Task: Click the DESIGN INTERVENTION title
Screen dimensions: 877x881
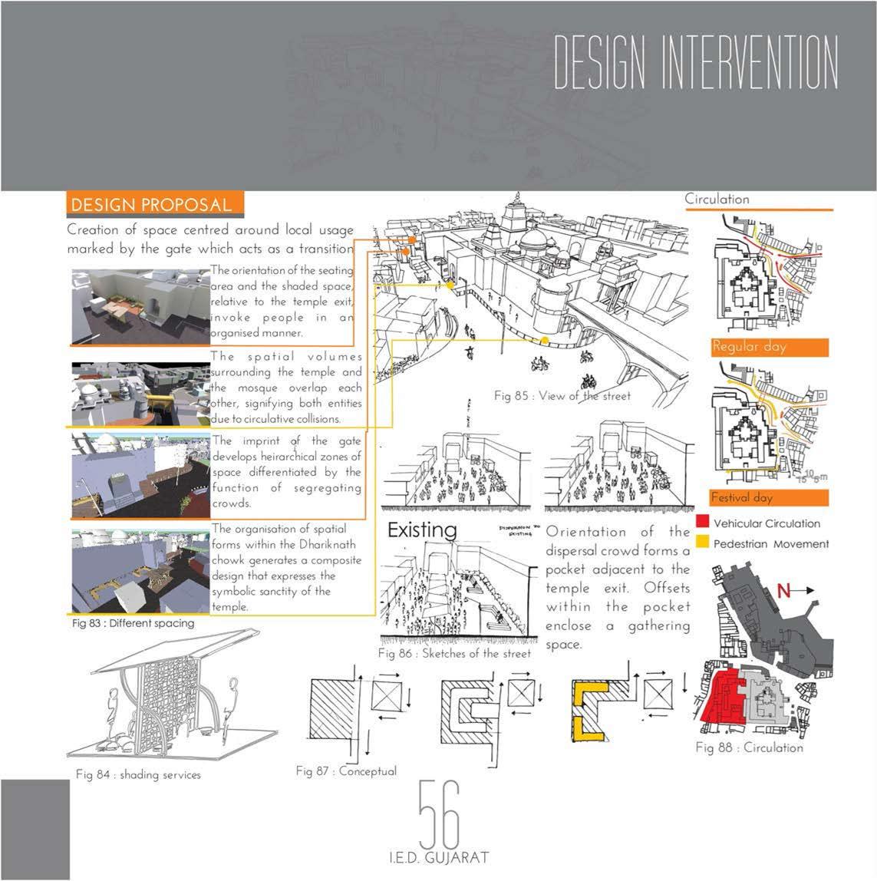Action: (695, 64)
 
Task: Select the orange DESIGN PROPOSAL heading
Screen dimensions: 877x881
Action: (151, 205)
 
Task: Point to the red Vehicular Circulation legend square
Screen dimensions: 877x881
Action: (702, 523)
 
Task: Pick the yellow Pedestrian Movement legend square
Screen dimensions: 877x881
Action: (702, 543)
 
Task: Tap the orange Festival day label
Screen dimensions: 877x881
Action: (741, 497)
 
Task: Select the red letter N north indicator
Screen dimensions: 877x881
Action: (783, 590)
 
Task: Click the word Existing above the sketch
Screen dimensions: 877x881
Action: (422, 530)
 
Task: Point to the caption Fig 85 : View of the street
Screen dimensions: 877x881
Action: (562, 396)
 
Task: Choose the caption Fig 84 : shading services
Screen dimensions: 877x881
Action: (138, 775)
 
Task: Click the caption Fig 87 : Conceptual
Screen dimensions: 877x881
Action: (346, 770)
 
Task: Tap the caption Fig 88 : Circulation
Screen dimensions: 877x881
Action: (749, 747)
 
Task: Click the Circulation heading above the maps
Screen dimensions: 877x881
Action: (717, 199)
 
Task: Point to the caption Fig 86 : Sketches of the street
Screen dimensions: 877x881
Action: (454, 654)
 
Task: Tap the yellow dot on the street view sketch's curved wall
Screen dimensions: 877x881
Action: (544, 340)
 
